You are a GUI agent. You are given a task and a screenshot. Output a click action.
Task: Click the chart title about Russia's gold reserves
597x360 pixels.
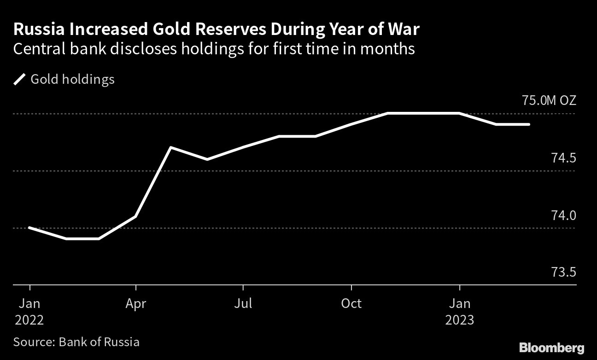pos(217,29)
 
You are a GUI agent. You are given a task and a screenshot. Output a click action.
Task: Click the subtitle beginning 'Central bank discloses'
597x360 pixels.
pos(214,49)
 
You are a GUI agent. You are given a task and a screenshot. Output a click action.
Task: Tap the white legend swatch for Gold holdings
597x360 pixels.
pos(20,80)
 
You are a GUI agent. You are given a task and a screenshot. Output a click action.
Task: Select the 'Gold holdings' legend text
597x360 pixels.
pos(72,80)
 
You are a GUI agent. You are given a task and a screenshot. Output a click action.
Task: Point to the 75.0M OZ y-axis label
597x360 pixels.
pos(549,100)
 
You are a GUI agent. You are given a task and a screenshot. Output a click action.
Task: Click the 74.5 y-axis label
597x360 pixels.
pos(564,158)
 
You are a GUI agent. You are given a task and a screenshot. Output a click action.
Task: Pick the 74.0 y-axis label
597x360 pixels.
pos(564,215)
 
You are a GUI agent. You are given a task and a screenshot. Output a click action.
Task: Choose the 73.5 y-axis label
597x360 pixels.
pos(564,273)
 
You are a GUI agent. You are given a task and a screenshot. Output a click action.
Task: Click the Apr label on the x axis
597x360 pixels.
pos(135,304)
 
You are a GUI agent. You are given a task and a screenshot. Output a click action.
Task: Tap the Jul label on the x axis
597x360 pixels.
pos(243,304)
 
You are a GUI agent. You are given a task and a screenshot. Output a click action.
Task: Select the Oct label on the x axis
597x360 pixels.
pos(351,304)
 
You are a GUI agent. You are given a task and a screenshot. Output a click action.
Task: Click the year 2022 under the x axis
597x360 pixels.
pos(29,320)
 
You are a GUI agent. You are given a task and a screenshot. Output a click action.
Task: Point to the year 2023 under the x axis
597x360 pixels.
pos(459,320)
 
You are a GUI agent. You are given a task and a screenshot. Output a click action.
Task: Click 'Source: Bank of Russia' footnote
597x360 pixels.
pos(76,342)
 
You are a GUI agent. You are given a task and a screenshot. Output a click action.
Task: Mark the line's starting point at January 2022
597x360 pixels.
pos(29,227)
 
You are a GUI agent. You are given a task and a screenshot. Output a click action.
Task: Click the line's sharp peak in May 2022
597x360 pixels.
pos(171,147)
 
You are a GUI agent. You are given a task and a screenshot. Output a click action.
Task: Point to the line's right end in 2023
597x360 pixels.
pos(529,124)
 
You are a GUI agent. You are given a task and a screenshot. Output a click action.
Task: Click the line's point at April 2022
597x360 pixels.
pos(135,216)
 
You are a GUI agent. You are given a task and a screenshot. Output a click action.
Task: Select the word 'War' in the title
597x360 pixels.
pos(404,29)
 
